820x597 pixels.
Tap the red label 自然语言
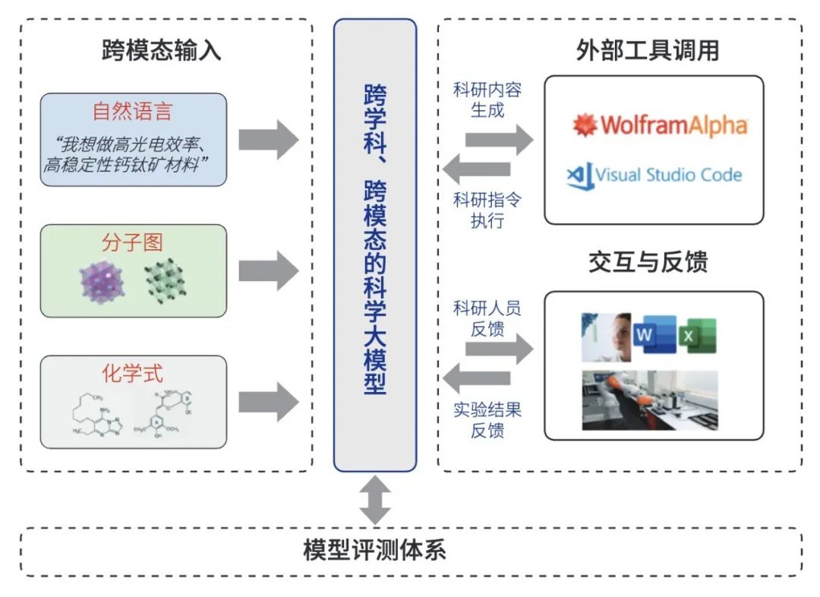pos(133,112)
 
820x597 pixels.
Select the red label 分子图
pos(133,242)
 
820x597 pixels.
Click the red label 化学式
pos(133,374)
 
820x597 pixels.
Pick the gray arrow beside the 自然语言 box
pos(268,140)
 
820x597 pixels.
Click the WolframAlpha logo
pos(660,125)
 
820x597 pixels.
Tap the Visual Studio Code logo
pos(654,175)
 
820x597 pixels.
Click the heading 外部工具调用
pos(648,51)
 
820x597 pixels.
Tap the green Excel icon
pos(698,336)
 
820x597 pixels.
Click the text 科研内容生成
pos(487,99)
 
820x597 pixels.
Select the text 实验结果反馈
pos(487,421)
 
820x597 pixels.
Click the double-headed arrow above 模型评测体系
pos(375,499)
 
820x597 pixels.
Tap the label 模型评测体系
pos(374,550)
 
